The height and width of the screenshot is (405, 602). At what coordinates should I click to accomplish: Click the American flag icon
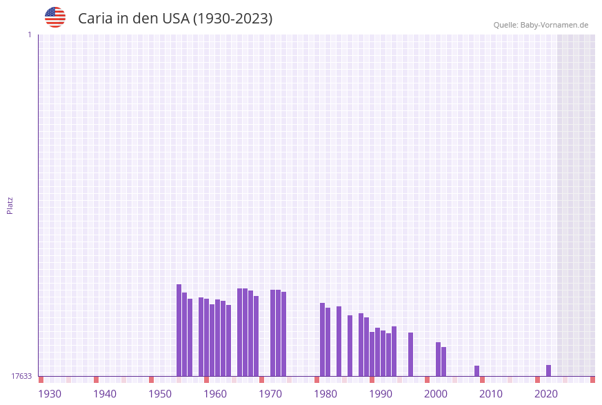tap(55, 17)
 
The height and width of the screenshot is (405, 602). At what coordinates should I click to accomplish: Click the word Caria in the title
tap(95, 19)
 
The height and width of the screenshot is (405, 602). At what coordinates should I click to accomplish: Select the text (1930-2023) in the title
tap(232, 19)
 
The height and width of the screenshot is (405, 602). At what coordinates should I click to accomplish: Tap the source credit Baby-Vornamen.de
tap(541, 25)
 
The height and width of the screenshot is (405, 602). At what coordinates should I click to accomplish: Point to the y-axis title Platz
tap(10, 205)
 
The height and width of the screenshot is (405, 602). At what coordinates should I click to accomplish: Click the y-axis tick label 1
tap(29, 34)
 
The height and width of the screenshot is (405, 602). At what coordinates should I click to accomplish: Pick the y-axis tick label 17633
tap(21, 376)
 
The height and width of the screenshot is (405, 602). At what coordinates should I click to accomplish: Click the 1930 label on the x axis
tap(50, 393)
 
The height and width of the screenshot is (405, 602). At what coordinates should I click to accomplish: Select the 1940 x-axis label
tap(105, 393)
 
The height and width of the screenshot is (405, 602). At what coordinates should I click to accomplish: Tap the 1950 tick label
tap(160, 393)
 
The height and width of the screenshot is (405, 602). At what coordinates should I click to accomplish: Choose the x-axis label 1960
tap(215, 393)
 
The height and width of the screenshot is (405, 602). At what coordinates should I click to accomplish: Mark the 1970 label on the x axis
tap(270, 393)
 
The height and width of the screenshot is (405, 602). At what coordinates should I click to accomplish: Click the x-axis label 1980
tap(325, 393)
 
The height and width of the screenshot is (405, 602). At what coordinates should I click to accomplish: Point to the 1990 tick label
tap(381, 393)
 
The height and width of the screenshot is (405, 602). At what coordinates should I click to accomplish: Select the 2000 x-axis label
tap(436, 393)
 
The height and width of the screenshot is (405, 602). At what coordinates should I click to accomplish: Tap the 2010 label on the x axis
tap(491, 393)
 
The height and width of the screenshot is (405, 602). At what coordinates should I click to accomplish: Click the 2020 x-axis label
tap(546, 393)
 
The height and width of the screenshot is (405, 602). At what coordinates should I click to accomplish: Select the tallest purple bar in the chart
tap(179, 330)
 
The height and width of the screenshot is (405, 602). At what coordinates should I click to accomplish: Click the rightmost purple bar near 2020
tap(548, 371)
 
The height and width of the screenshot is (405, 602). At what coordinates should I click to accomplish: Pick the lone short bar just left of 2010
tap(476, 371)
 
